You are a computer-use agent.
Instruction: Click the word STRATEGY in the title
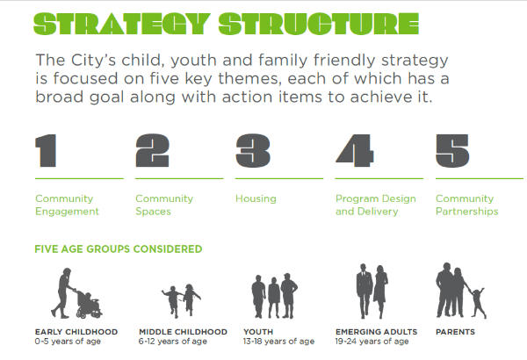tap(122, 25)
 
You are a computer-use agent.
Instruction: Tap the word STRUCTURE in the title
tap(319, 25)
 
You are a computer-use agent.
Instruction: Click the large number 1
tap(46, 151)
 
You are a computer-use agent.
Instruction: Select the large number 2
tap(152, 151)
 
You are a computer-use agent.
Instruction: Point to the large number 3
tap(253, 151)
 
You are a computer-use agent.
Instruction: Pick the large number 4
tap(354, 151)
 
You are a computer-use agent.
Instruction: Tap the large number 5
tap(452, 151)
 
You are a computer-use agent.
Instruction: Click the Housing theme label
tap(256, 198)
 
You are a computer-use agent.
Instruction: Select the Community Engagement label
tap(67, 205)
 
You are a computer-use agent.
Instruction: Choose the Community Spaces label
tap(164, 205)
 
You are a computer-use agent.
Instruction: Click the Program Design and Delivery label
tap(375, 205)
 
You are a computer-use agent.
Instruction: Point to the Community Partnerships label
tap(467, 205)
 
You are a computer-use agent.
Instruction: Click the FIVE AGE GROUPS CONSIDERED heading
tap(119, 249)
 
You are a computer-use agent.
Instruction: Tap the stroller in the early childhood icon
tap(88, 304)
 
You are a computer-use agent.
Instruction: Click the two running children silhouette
tap(181, 300)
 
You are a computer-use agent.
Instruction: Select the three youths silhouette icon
tap(275, 296)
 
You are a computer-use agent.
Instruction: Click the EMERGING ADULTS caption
tap(376, 332)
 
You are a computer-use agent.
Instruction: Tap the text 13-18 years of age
tap(279, 342)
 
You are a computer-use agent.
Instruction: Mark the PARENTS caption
tap(455, 332)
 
